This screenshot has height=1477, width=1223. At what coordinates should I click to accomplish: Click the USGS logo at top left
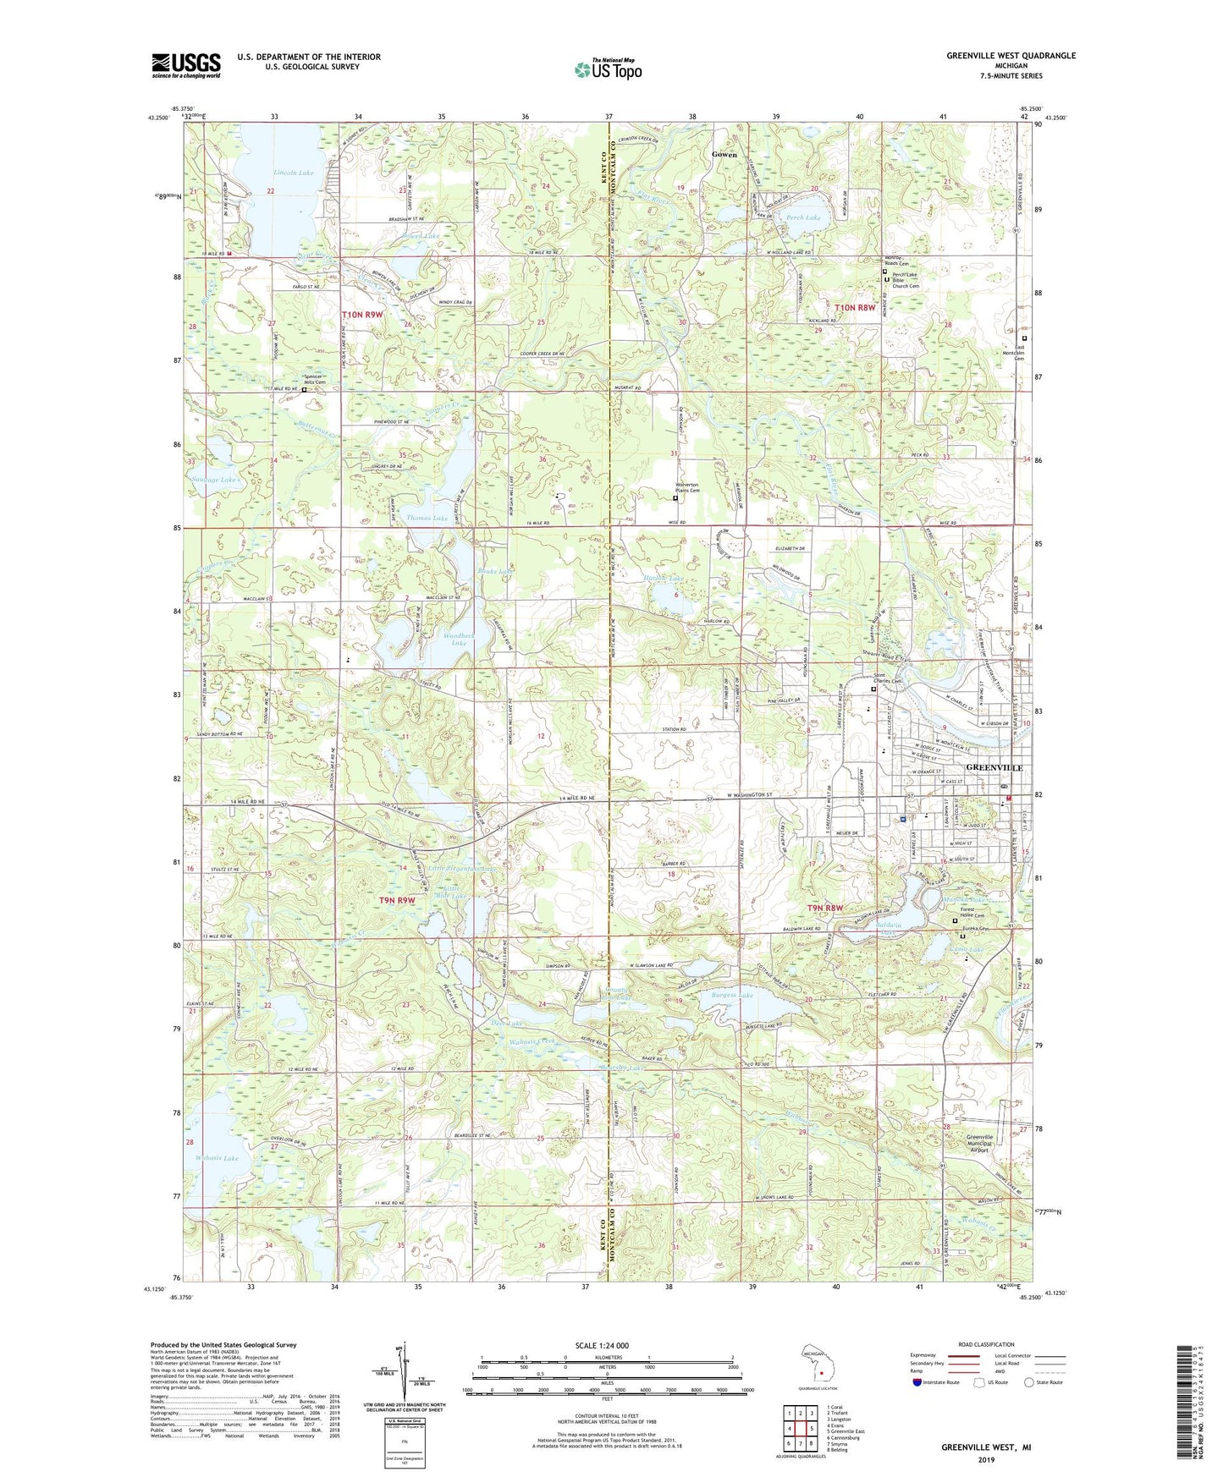[x=185, y=64]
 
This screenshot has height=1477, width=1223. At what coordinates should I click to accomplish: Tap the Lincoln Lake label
[x=293, y=173]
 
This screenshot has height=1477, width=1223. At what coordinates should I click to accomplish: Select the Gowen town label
[x=724, y=155]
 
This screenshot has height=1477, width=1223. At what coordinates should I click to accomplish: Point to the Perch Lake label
[x=802, y=217]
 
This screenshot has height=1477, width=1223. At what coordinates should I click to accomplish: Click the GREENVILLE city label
[x=994, y=767]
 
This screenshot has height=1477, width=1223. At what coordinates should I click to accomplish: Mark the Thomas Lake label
[x=427, y=517]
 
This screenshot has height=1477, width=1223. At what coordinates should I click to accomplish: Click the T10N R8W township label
[x=855, y=308]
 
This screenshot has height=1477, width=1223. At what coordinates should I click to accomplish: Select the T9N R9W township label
[x=396, y=901]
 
